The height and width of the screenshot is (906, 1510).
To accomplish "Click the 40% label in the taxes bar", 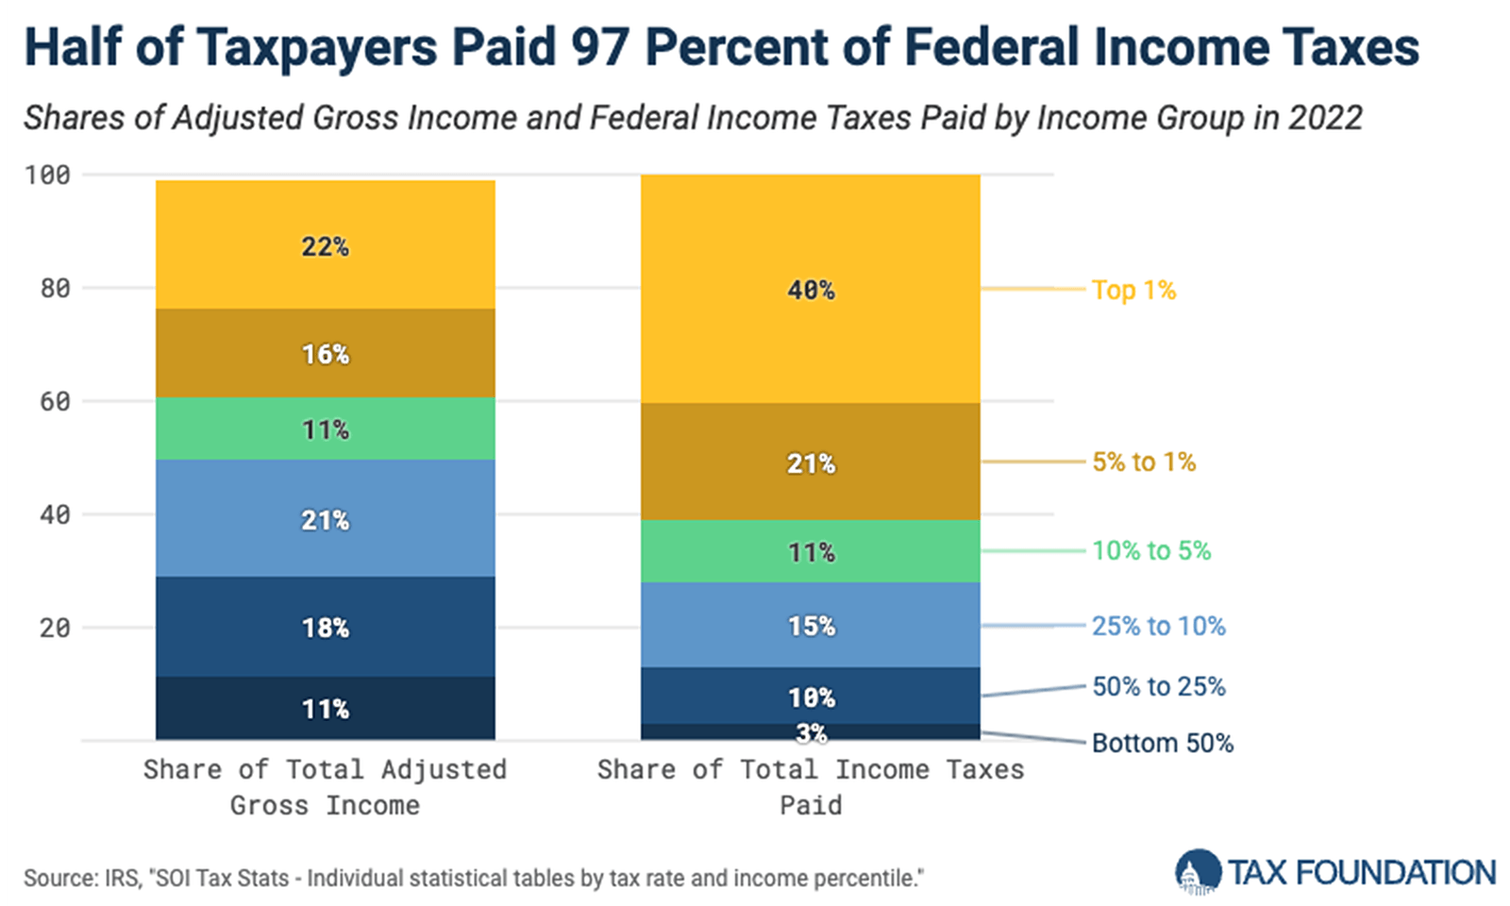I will pyautogui.click(x=811, y=290).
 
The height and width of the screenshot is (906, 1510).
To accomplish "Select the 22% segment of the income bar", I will pyautogui.click(x=325, y=246).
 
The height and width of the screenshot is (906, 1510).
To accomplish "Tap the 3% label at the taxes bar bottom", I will pyautogui.click(x=811, y=733).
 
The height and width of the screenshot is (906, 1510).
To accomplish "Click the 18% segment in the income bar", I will pyautogui.click(x=325, y=628).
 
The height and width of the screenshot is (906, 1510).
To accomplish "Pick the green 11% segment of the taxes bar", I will pyautogui.click(x=811, y=552).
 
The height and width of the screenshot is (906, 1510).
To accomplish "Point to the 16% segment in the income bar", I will pyautogui.click(x=325, y=354).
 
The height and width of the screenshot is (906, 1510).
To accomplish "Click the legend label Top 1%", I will pyautogui.click(x=1133, y=290).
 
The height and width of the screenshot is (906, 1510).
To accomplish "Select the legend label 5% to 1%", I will pyautogui.click(x=1144, y=461).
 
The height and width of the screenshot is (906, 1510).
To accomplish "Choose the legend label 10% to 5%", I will pyautogui.click(x=1151, y=550).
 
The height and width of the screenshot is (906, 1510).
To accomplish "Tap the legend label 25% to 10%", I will pyautogui.click(x=1158, y=626).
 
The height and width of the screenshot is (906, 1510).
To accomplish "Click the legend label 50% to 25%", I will pyautogui.click(x=1158, y=686).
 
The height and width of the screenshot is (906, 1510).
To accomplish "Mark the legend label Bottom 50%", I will pyautogui.click(x=1162, y=743).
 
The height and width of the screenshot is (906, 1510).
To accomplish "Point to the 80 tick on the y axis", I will pyautogui.click(x=55, y=288).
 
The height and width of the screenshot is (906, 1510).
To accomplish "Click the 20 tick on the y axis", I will pyautogui.click(x=55, y=628).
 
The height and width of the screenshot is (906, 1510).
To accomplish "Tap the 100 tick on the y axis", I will pyautogui.click(x=47, y=175).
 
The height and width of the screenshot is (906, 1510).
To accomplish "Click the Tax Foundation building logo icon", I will pyautogui.click(x=1198, y=872).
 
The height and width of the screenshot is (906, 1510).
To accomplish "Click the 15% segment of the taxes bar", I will pyautogui.click(x=811, y=626).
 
